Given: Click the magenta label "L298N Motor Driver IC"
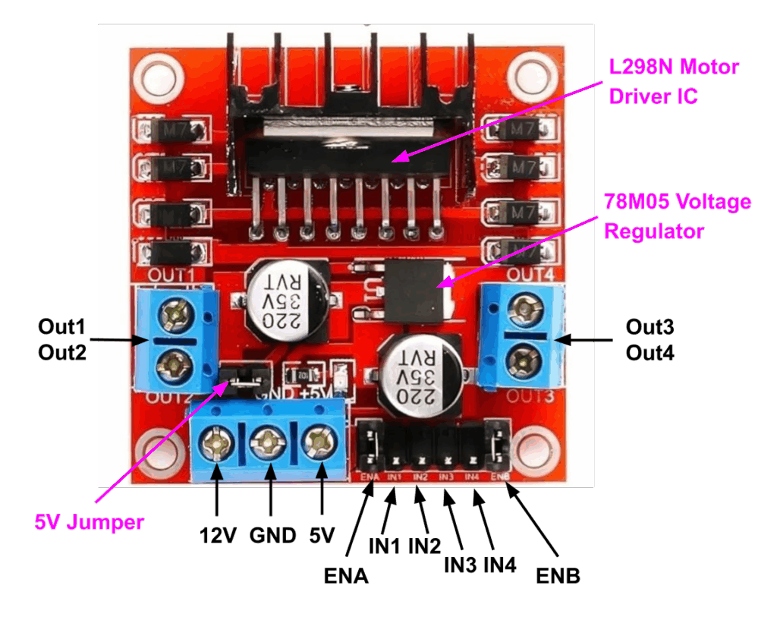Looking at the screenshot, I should coord(674,82).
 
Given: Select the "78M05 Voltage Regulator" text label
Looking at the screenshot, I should coord(677,216).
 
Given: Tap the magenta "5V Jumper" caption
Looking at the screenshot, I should coord(88,522).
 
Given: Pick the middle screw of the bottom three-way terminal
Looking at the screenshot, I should coord(268,442).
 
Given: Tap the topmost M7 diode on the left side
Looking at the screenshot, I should coord(175,131).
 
